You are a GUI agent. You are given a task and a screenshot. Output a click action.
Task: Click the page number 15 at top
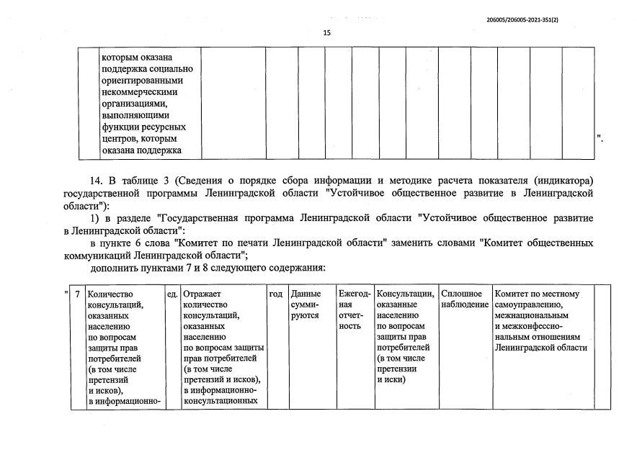[326, 32]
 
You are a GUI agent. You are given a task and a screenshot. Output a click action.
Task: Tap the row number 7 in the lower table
[77, 294]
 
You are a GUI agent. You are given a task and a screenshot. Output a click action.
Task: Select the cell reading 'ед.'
[172, 294]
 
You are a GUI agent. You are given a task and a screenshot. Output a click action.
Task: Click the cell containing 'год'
[276, 294]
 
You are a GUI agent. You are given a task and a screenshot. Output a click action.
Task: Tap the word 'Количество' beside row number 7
[111, 294]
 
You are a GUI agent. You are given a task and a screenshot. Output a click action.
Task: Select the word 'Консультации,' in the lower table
[406, 294]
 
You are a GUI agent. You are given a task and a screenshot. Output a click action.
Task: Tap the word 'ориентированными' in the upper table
[142, 81]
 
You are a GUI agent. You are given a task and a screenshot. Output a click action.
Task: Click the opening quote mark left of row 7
[66, 293]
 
